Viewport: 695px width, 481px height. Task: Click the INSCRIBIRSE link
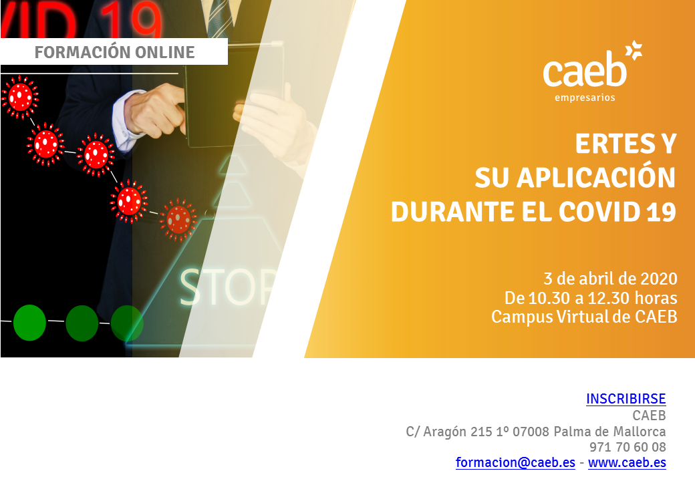[626, 399]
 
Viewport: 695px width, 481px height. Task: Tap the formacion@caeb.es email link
[515, 462]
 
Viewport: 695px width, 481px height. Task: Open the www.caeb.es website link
[628, 462]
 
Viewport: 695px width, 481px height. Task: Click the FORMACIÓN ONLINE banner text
[114, 52]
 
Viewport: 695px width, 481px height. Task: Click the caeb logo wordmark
[585, 70]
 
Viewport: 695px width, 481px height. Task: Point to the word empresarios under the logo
[585, 98]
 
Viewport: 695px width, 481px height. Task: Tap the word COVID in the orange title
[599, 212]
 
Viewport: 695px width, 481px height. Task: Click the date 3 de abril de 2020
[610, 279]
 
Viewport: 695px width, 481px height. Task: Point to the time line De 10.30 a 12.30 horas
[591, 298]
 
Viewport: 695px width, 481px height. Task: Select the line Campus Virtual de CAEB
[584, 317]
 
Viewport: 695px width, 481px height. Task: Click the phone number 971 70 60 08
[628, 447]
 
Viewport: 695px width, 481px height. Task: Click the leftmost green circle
[29, 323]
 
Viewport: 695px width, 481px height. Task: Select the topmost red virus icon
[20, 97]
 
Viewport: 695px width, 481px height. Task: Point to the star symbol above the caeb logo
[634, 50]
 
